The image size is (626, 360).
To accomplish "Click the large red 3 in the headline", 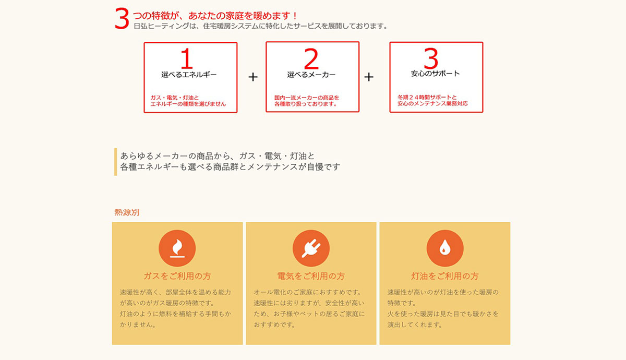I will pyautogui.click(x=122, y=19).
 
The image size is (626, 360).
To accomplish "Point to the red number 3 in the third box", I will pyautogui.click(x=430, y=59).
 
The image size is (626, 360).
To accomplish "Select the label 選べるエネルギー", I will pyautogui.click(x=189, y=75).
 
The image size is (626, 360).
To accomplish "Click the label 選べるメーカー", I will pyautogui.click(x=311, y=75).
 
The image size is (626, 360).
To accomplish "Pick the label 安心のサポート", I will pyautogui.click(x=436, y=74).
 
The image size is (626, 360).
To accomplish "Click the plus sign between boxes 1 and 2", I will pyautogui.click(x=253, y=77).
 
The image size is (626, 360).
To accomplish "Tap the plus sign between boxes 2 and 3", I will pyautogui.click(x=369, y=77).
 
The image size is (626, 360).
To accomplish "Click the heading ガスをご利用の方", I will pyautogui.click(x=177, y=276).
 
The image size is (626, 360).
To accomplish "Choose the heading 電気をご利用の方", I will pyautogui.click(x=311, y=276).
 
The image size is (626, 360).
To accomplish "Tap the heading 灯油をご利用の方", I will pyautogui.click(x=445, y=276).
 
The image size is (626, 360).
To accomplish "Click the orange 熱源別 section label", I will pyautogui.click(x=127, y=212).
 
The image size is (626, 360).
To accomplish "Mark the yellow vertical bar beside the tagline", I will pyautogui.click(x=115, y=162).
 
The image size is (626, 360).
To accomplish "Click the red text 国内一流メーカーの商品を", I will pyautogui.click(x=307, y=98).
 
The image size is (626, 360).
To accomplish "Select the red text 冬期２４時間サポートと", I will pyautogui.click(x=427, y=98).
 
